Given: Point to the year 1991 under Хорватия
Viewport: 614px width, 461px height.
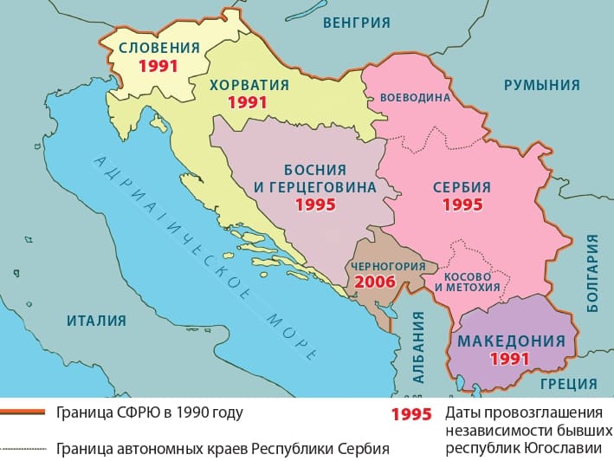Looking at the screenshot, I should [x=249, y=102].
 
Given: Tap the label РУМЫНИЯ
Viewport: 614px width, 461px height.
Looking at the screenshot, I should [x=540, y=84].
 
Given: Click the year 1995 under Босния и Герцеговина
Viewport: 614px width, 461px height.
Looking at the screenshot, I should [x=315, y=205].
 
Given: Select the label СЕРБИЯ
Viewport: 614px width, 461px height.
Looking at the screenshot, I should [x=462, y=187].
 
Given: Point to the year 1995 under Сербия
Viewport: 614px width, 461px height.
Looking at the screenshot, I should [x=462, y=205].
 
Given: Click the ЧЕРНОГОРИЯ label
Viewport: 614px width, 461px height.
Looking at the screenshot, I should [x=387, y=266].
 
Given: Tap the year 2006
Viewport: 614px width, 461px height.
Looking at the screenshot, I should [x=375, y=282].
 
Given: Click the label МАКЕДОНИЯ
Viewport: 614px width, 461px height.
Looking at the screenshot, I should [x=509, y=341].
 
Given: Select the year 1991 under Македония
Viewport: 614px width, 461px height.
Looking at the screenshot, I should [x=509, y=358].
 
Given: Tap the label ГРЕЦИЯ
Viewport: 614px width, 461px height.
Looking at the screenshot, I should [x=567, y=383].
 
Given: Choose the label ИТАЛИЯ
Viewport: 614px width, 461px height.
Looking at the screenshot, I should [x=96, y=321].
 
